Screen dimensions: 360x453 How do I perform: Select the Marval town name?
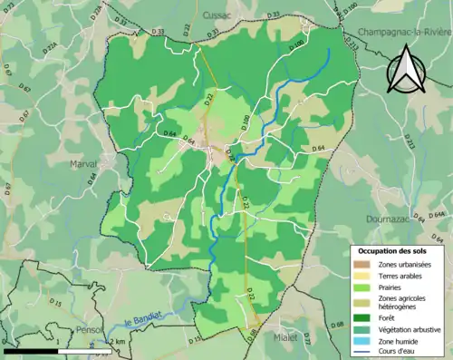(x=84, y=163)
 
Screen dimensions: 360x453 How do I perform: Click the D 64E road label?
(x=438, y=214)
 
